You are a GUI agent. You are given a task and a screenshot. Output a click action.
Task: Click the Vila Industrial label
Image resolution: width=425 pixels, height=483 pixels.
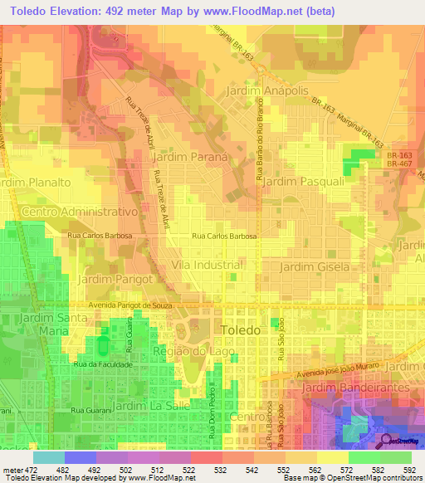[206, 264]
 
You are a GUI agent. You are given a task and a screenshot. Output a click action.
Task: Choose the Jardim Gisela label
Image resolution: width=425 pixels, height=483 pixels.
[311, 266]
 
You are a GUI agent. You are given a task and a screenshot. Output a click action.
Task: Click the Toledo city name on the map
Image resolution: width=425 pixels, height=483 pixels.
[242, 330]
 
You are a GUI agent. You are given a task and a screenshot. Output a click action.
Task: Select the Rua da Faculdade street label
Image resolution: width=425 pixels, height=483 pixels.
[104, 365]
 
